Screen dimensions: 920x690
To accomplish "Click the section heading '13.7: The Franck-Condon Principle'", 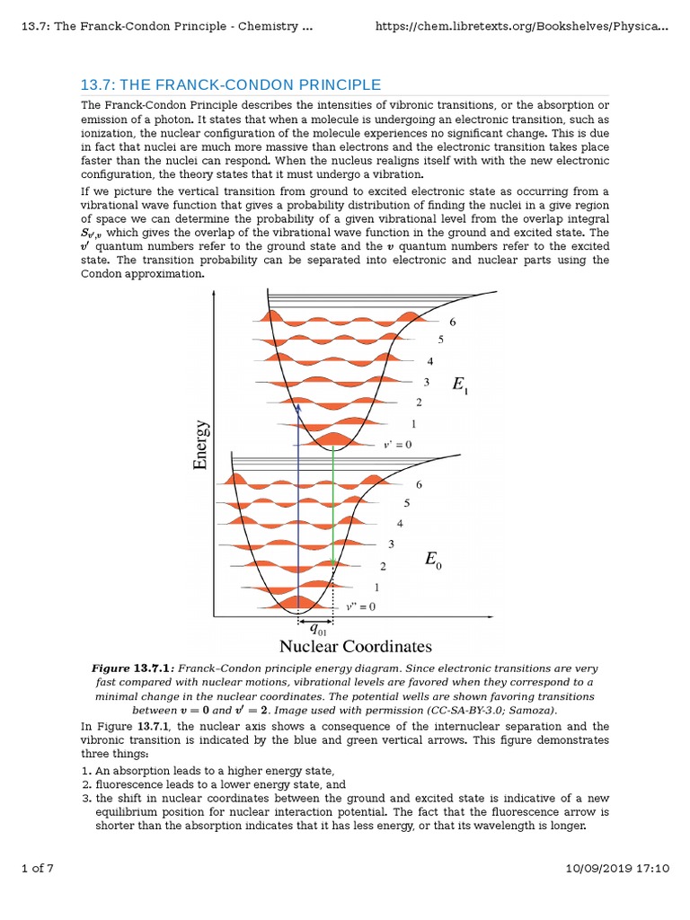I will (x=231, y=84).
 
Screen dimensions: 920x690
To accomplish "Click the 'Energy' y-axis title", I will (x=200, y=444).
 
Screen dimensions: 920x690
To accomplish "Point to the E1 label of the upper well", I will (x=459, y=386).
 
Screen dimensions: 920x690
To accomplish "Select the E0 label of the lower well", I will (x=433, y=562).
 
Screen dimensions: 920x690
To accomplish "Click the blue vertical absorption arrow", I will (x=299, y=503).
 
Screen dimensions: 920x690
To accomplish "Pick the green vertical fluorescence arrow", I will (x=333, y=503).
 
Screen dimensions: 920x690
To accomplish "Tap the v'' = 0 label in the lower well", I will (x=360, y=606).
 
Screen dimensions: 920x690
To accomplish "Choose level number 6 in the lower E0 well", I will (x=419, y=485).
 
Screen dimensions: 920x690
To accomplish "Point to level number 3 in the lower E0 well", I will (x=391, y=544).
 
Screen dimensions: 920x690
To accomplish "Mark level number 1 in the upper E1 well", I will (x=413, y=423).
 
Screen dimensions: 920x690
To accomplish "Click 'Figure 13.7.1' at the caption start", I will (x=132, y=669).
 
